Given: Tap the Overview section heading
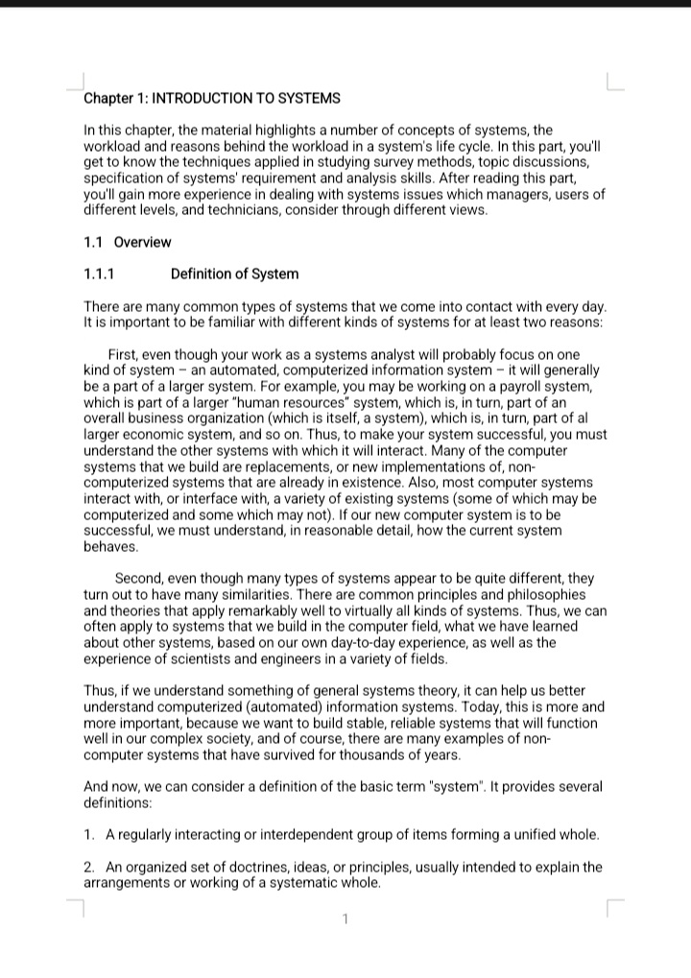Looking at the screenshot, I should tap(142, 242).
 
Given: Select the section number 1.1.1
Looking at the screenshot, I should tap(100, 274).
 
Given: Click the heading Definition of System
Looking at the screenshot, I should tap(234, 274).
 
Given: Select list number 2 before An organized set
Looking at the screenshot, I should tap(89, 868).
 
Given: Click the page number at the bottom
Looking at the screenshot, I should tap(345, 922).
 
